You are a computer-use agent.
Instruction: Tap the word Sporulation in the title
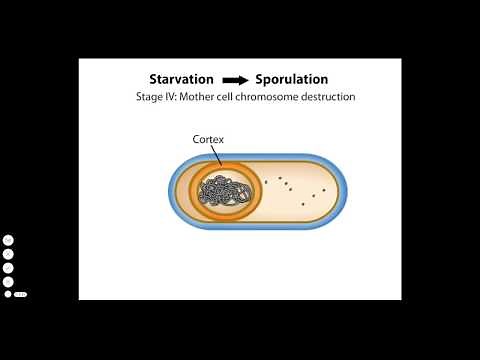[x=292, y=79]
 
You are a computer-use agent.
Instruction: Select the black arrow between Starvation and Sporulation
[x=236, y=80]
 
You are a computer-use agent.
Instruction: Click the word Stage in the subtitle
[x=150, y=98]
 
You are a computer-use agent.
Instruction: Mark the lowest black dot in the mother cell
[x=303, y=204]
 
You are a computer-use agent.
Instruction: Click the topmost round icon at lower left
[x=8, y=240]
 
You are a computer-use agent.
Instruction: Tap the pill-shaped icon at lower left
[x=20, y=294]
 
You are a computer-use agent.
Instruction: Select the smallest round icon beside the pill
[x=8, y=294]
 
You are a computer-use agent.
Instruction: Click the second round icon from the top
[x=8, y=254]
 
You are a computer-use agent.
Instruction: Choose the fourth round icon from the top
[x=8, y=281]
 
